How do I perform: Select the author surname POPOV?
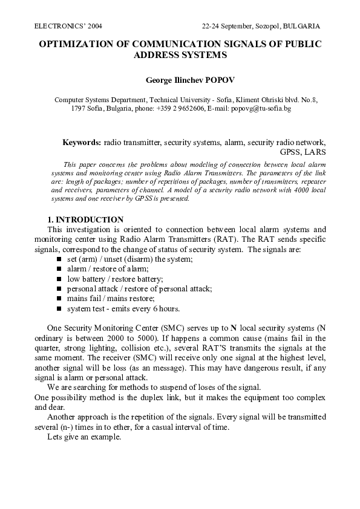(209, 79)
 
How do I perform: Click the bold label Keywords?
(82, 142)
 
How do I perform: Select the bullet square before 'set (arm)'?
(59, 259)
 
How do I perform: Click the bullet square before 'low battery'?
(59, 279)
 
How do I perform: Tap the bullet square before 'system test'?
(59, 309)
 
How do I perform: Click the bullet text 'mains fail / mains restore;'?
(111, 299)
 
